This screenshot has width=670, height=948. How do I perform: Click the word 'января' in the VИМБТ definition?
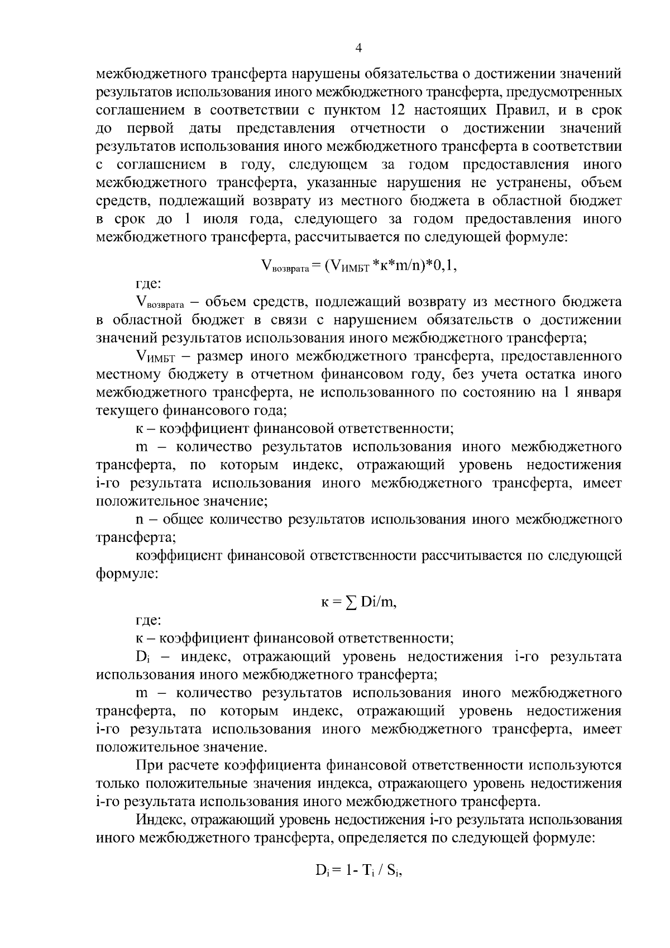[600, 393]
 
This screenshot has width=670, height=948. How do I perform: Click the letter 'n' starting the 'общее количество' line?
[140, 520]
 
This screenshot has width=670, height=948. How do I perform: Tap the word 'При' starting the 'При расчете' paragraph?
[149, 765]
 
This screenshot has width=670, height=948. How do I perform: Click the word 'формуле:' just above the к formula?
[128, 574]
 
